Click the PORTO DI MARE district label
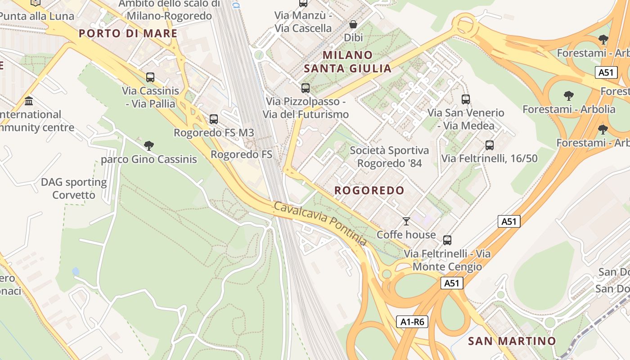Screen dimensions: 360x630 point(128,33)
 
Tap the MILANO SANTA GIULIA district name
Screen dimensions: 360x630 point(347,62)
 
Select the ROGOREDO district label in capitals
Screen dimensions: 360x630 point(369,190)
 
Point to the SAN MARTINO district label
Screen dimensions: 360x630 point(512,341)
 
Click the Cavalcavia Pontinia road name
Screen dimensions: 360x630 point(320,224)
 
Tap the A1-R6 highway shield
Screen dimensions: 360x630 point(412,322)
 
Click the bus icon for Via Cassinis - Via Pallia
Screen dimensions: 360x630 point(150,77)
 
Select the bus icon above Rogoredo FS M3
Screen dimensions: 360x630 point(214,119)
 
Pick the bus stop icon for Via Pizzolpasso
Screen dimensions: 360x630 point(306,88)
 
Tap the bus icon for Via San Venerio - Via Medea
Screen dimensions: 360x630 point(466,99)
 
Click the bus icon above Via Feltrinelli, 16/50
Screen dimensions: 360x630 point(489,145)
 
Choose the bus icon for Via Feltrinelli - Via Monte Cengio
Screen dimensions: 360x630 point(447,240)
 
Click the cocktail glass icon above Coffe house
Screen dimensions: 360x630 point(406,221)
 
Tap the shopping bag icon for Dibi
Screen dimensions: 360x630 point(353,24)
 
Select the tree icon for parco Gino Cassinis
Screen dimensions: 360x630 point(149,146)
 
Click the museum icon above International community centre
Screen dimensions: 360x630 point(29,101)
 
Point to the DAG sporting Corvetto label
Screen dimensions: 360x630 point(74,189)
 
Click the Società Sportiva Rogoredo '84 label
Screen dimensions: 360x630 point(389,157)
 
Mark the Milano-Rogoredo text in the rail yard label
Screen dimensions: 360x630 point(169,16)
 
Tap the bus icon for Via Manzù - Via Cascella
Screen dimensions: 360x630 point(303,3)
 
